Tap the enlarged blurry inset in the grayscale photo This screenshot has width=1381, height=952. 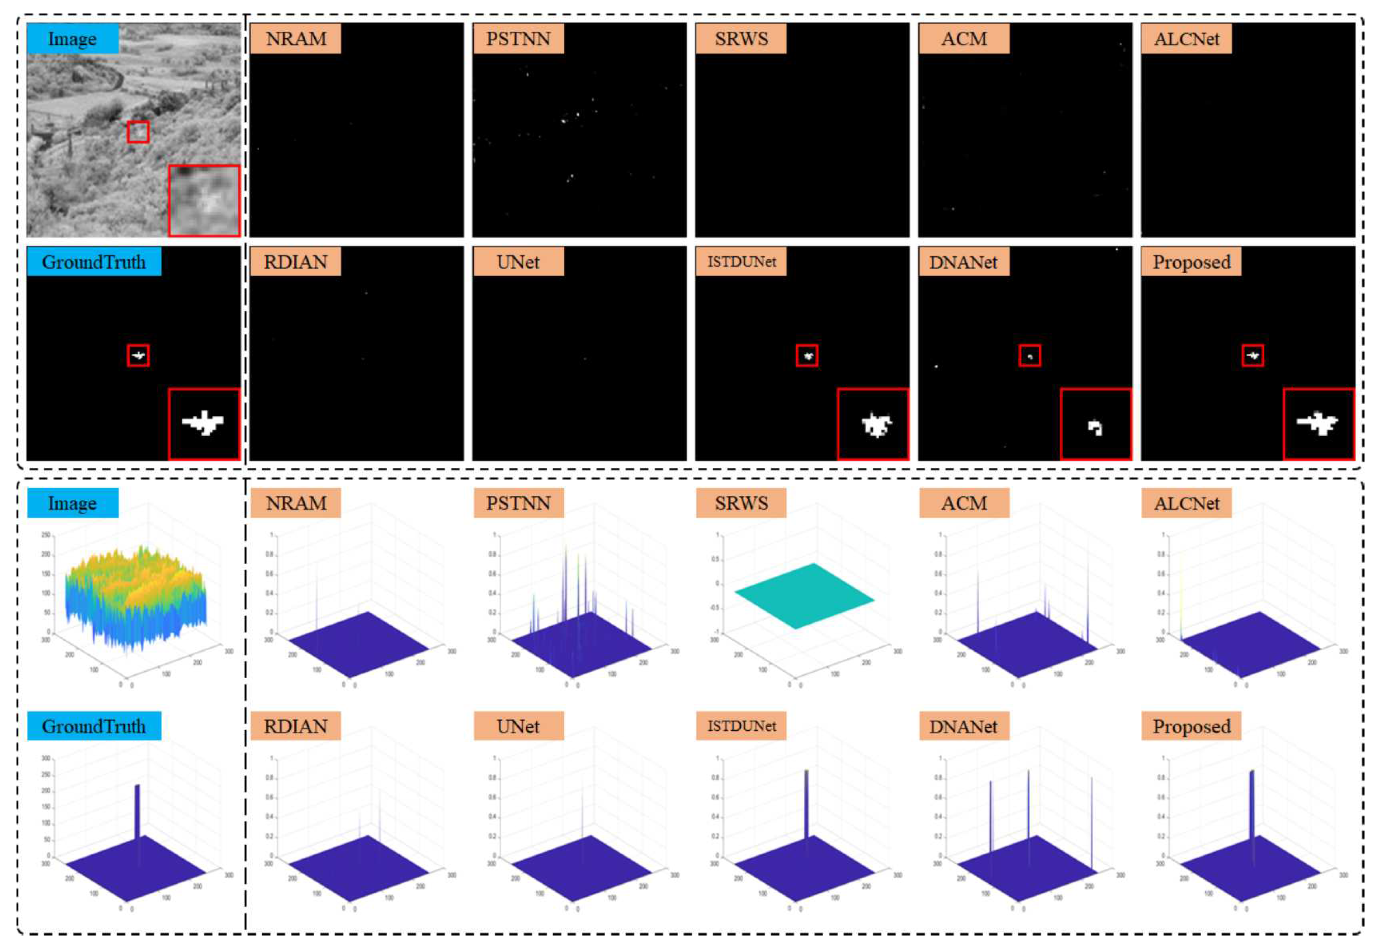coord(204,200)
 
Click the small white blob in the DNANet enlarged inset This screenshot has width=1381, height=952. coord(1095,428)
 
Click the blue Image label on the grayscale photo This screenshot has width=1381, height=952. coord(72,39)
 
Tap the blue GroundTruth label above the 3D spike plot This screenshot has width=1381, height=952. coord(94,726)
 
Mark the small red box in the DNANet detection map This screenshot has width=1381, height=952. coord(1030,356)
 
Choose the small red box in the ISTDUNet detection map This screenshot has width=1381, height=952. coord(807,356)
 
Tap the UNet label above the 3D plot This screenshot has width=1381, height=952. coord(518,726)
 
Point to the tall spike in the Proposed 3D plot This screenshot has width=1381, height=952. coord(1252,805)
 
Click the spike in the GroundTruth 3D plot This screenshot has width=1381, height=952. coord(137,811)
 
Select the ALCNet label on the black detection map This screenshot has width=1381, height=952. coord(1186,39)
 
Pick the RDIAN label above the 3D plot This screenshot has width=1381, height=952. coord(295,726)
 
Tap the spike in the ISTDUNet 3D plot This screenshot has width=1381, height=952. coord(806,805)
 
